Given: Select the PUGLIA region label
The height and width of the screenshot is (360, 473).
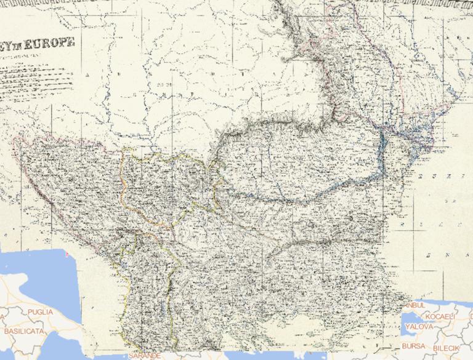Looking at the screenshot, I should [x=41, y=312].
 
